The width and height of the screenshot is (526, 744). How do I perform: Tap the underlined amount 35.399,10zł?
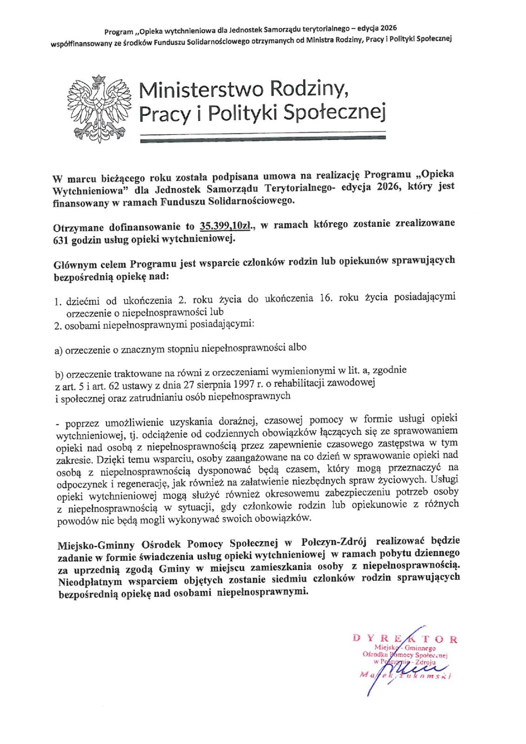point(225,226)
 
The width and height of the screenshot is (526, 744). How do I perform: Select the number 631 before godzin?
point(62,240)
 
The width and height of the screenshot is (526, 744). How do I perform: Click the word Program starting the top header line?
point(119,32)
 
